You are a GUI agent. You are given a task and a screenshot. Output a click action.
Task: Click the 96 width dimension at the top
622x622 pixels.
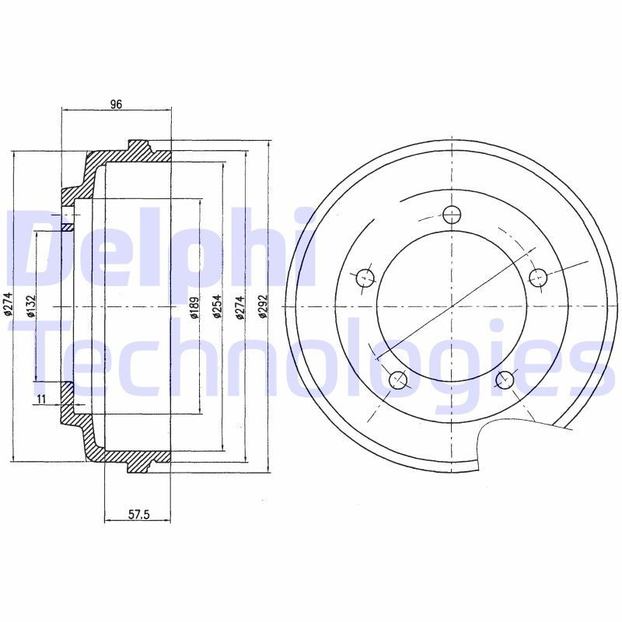tap(115, 103)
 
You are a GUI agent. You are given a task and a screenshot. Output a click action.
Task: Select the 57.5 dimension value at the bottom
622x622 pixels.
tap(138, 514)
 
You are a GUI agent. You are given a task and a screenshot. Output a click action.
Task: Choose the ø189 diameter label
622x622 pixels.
tap(194, 308)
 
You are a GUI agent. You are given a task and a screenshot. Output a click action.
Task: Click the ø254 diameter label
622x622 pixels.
tap(218, 308)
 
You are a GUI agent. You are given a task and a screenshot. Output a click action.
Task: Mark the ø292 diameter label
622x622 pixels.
tap(263, 308)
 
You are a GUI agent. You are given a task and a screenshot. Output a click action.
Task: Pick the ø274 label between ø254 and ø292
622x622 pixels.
tap(240, 308)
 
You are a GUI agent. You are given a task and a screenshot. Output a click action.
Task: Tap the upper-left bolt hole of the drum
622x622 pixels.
tap(365, 277)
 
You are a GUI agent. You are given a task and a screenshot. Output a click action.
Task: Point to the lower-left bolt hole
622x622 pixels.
tap(398, 379)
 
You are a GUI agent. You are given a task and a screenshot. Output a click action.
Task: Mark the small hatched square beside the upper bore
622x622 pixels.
tap(67, 228)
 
